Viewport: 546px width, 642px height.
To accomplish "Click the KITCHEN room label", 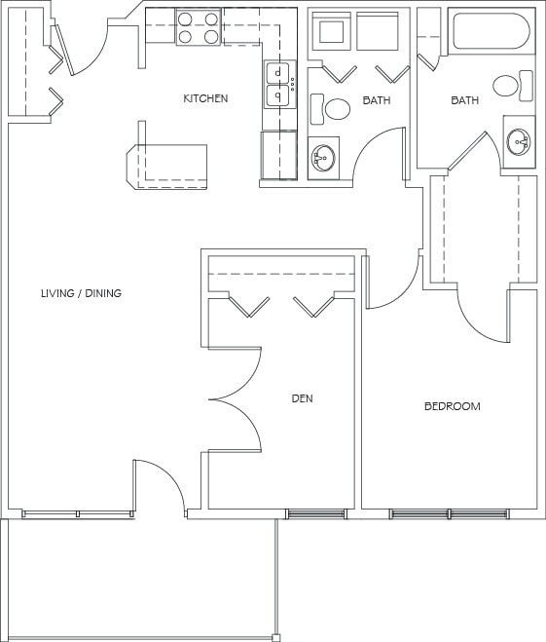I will (x=205, y=98).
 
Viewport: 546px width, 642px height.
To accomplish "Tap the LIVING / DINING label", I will (x=81, y=293).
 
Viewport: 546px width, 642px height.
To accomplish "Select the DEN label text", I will (x=302, y=398).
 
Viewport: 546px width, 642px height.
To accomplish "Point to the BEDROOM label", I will (x=452, y=406).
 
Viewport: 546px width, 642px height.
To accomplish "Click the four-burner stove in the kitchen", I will (x=198, y=27).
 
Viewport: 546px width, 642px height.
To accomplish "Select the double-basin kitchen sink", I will (x=279, y=84).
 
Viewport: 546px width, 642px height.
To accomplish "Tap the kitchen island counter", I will (x=169, y=166).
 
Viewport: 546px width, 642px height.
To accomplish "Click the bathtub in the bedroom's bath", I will (x=491, y=31).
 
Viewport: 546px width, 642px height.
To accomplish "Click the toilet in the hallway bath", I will (x=336, y=109).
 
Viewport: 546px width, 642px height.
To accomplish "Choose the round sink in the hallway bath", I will (x=323, y=156).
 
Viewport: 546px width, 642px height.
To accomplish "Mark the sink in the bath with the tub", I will (x=519, y=142).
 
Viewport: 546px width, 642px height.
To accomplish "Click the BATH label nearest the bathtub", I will (x=463, y=100).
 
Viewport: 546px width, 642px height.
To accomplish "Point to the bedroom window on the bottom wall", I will (x=449, y=513).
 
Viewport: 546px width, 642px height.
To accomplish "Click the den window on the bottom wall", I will (x=315, y=513).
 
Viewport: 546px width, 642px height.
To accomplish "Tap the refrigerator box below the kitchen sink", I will (x=278, y=155).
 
